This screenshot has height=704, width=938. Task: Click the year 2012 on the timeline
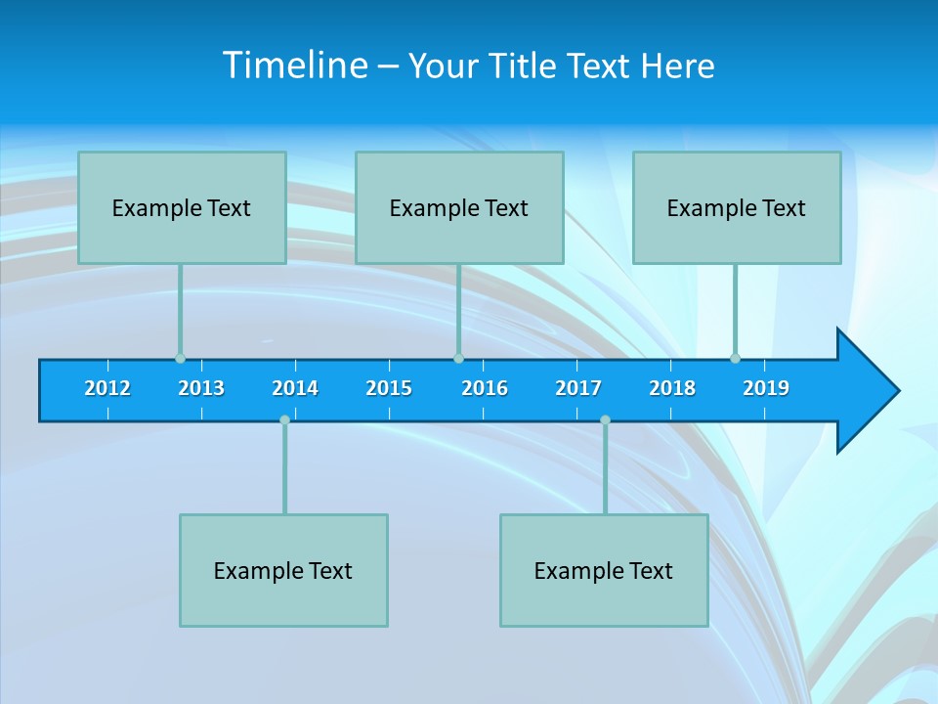click(107, 388)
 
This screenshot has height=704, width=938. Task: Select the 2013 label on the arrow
click(201, 388)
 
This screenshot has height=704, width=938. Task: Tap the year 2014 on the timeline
click(295, 388)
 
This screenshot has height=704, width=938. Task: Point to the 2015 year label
click(389, 388)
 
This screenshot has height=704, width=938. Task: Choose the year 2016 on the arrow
click(485, 388)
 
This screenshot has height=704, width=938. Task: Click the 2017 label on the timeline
click(578, 388)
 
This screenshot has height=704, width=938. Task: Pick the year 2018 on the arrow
click(672, 388)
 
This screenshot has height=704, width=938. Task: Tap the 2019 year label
click(766, 388)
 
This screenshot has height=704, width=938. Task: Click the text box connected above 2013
click(182, 207)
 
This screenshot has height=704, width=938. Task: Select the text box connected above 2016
click(459, 207)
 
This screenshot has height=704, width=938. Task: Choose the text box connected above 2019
click(737, 207)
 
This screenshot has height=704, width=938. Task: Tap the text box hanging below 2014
click(283, 570)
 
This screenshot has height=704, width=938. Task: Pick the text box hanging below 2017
click(604, 570)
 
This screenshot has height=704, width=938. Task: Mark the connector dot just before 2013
click(180, 359)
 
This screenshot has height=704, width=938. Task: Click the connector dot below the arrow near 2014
click(284, 419)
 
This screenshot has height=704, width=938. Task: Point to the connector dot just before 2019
click(735, 359)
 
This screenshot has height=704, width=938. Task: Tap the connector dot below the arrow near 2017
click(605, 419)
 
